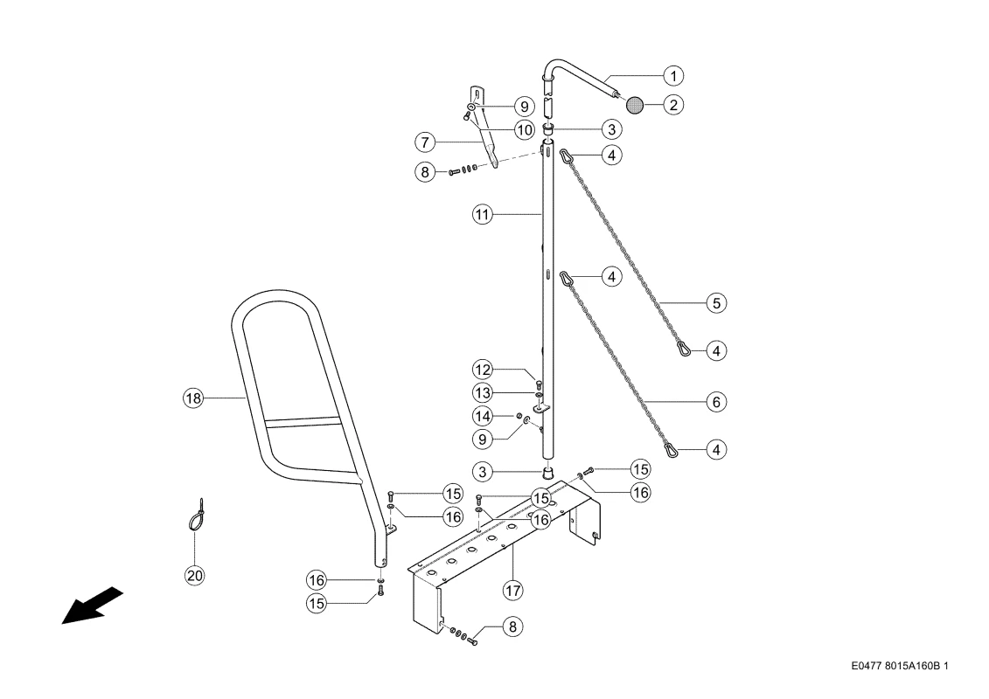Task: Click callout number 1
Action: click(x=673, y=76)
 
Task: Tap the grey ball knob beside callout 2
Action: click(x=635, y=105)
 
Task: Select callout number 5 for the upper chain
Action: click(x=716, y=303)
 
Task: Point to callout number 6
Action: click(x=716, y=402)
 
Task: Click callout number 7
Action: click(x=425, y=142)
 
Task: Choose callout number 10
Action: click(x=524, y=130)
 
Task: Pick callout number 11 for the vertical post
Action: click(x=483, y=215)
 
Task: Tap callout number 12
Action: click(x=483, y=370)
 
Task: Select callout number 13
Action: click(x=483, y=393)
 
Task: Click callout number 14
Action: click(x=483, y=416)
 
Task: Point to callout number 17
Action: click(x=512, y=591)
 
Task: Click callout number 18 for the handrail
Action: click(x=193, y=398)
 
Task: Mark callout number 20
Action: click(x=195, y=576)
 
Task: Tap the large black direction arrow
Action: click(x=92, y=606)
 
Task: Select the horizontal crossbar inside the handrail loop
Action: click(x=303, y=422)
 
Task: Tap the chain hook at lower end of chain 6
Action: click(x=671, y=450)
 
